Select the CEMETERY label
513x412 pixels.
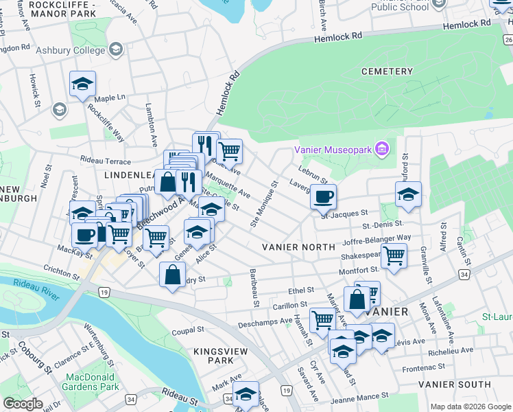click(x=387, y=71)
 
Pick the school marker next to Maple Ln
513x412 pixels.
click(x=83, y=84)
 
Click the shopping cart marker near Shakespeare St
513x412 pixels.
click(x=394, y=255)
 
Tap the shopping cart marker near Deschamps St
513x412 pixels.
click(x=322, y=319)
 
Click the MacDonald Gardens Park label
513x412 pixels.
click(x=93, y=382)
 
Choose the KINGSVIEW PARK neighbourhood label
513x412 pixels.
click(x=214, y=355)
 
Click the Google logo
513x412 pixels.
click(x=23, y=404)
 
